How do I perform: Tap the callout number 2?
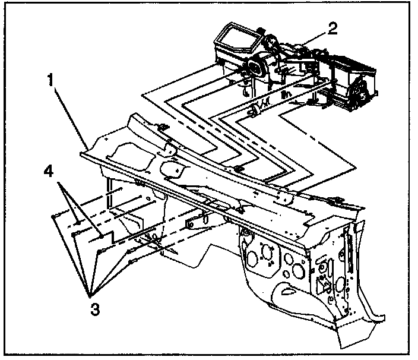pos(333,27)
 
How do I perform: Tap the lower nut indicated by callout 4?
pos(103,236)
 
